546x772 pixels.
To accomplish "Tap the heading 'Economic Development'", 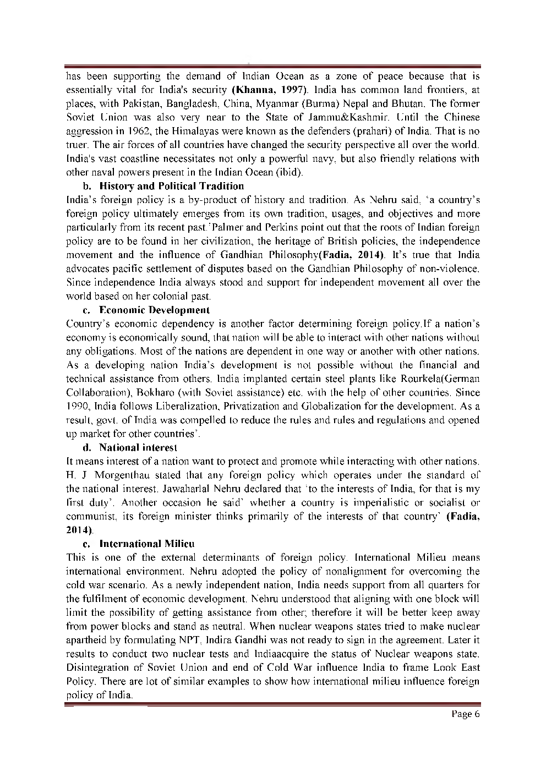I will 154,310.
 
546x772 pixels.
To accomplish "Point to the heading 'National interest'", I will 138,447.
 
